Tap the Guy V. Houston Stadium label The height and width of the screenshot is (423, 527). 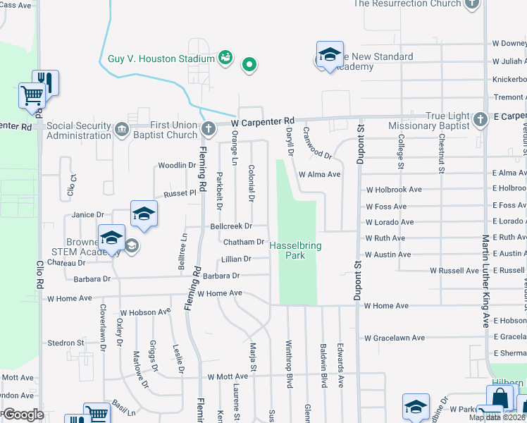pyautogui.click(x=161, y=59)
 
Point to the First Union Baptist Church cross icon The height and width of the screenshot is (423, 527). pyautogui.click(x=208, y=128)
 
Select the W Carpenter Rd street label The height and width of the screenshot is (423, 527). pyautogui.click(x=262, y=122)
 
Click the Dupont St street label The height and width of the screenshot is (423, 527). pyautogui.click(x=359, y=145)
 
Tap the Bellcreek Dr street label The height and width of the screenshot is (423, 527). pyautogui.click(x=231, y=226)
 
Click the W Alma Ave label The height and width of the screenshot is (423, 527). pyautogui.click(x=320, y=174)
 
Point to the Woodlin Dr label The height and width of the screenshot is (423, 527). pyautogui.click(x=176, y=166)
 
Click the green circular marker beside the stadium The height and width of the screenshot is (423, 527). pyautogui.click(x=248, y=66)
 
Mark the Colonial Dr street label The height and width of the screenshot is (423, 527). pyautogui.click(x=252, y=182)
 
